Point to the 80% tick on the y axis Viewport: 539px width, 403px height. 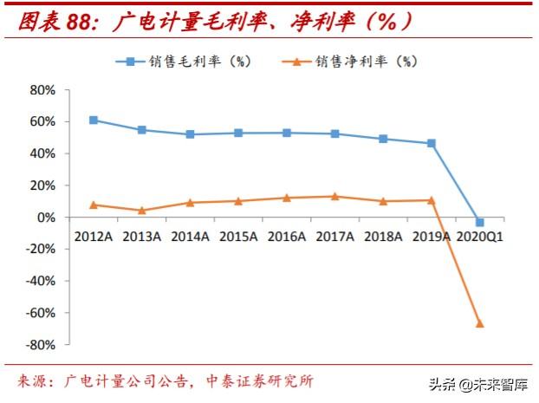(x=43, y=90)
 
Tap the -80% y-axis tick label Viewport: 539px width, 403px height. (x=41, y=345)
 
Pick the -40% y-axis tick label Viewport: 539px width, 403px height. (x=41, y=281)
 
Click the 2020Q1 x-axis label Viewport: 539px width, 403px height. (x=479, y=235)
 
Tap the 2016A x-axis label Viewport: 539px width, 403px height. (x=286, y=235)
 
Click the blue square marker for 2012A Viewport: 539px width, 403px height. (x=94, y=120)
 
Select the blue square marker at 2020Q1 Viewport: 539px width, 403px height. (x=479, y=223)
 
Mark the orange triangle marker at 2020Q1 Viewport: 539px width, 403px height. (x=479, y=323)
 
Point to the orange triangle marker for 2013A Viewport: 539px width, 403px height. (x=141, y=210)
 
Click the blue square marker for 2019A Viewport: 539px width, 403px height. (x=432, y=143)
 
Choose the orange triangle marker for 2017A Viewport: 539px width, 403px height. (x=334, y=196)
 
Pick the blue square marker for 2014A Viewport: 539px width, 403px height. (x=190, y=134)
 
